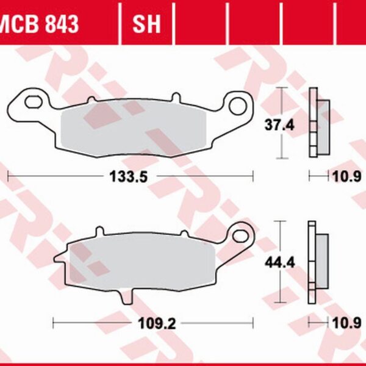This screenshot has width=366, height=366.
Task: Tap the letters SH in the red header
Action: click(146, 24)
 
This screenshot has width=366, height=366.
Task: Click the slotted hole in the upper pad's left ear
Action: click(35, 100)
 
